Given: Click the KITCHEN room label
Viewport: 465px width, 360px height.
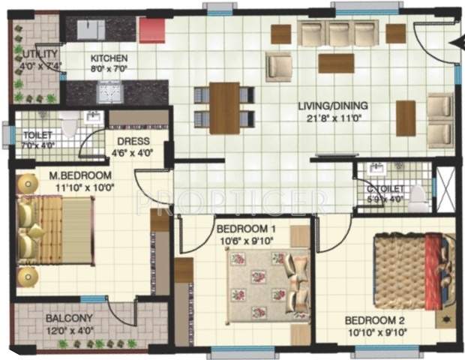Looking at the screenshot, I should (109, 58).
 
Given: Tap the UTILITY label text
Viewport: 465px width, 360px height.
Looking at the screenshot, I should (34, 54).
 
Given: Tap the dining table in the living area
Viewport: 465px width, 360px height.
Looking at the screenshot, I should (224, 107).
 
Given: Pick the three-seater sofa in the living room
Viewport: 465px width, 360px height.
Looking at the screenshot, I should (337, 34).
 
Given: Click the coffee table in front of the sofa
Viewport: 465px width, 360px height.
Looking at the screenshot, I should (335, 63).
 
